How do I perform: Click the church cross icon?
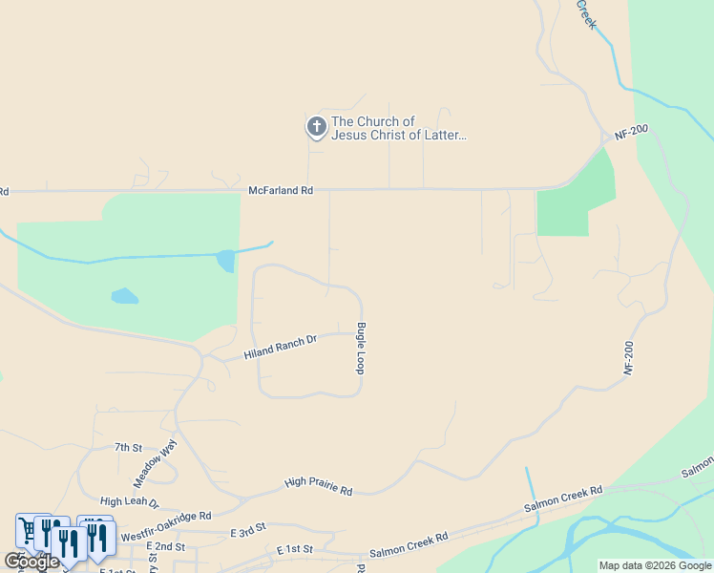(x=316, y=126)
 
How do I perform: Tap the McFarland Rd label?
(x=281, y=191)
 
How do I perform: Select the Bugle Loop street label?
(x=361, y=348)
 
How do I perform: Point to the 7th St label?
(x=128, y=447)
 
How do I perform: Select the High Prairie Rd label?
(x=319, y=486)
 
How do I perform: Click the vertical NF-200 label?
(x=629, y=356)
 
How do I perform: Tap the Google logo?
(x=31, y=562)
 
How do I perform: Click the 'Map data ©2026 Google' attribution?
(x=655, y=565)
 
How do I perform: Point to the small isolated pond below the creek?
(x=124, y=296)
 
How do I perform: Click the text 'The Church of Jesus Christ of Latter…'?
(x=398, y=129)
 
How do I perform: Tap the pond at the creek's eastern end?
(x=226, y=260)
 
